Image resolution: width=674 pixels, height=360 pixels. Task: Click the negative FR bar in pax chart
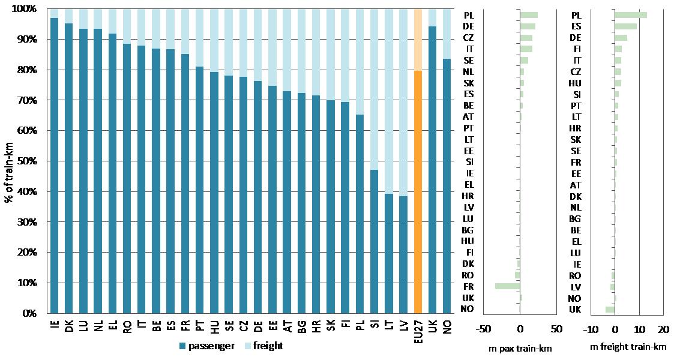507,286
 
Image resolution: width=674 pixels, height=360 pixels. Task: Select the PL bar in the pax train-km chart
529,15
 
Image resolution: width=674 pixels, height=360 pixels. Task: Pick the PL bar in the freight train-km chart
630,15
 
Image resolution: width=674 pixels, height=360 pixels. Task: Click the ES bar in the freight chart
625,26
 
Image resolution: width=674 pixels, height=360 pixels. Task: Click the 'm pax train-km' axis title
520,347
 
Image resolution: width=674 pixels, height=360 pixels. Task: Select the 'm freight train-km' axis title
628,347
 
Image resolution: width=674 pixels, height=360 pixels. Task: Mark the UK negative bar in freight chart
610,310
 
